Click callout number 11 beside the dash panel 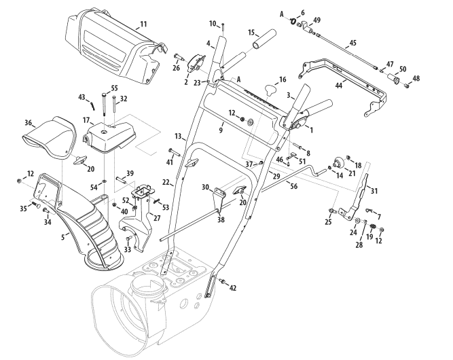(143, 25)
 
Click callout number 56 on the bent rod (294, 185)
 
